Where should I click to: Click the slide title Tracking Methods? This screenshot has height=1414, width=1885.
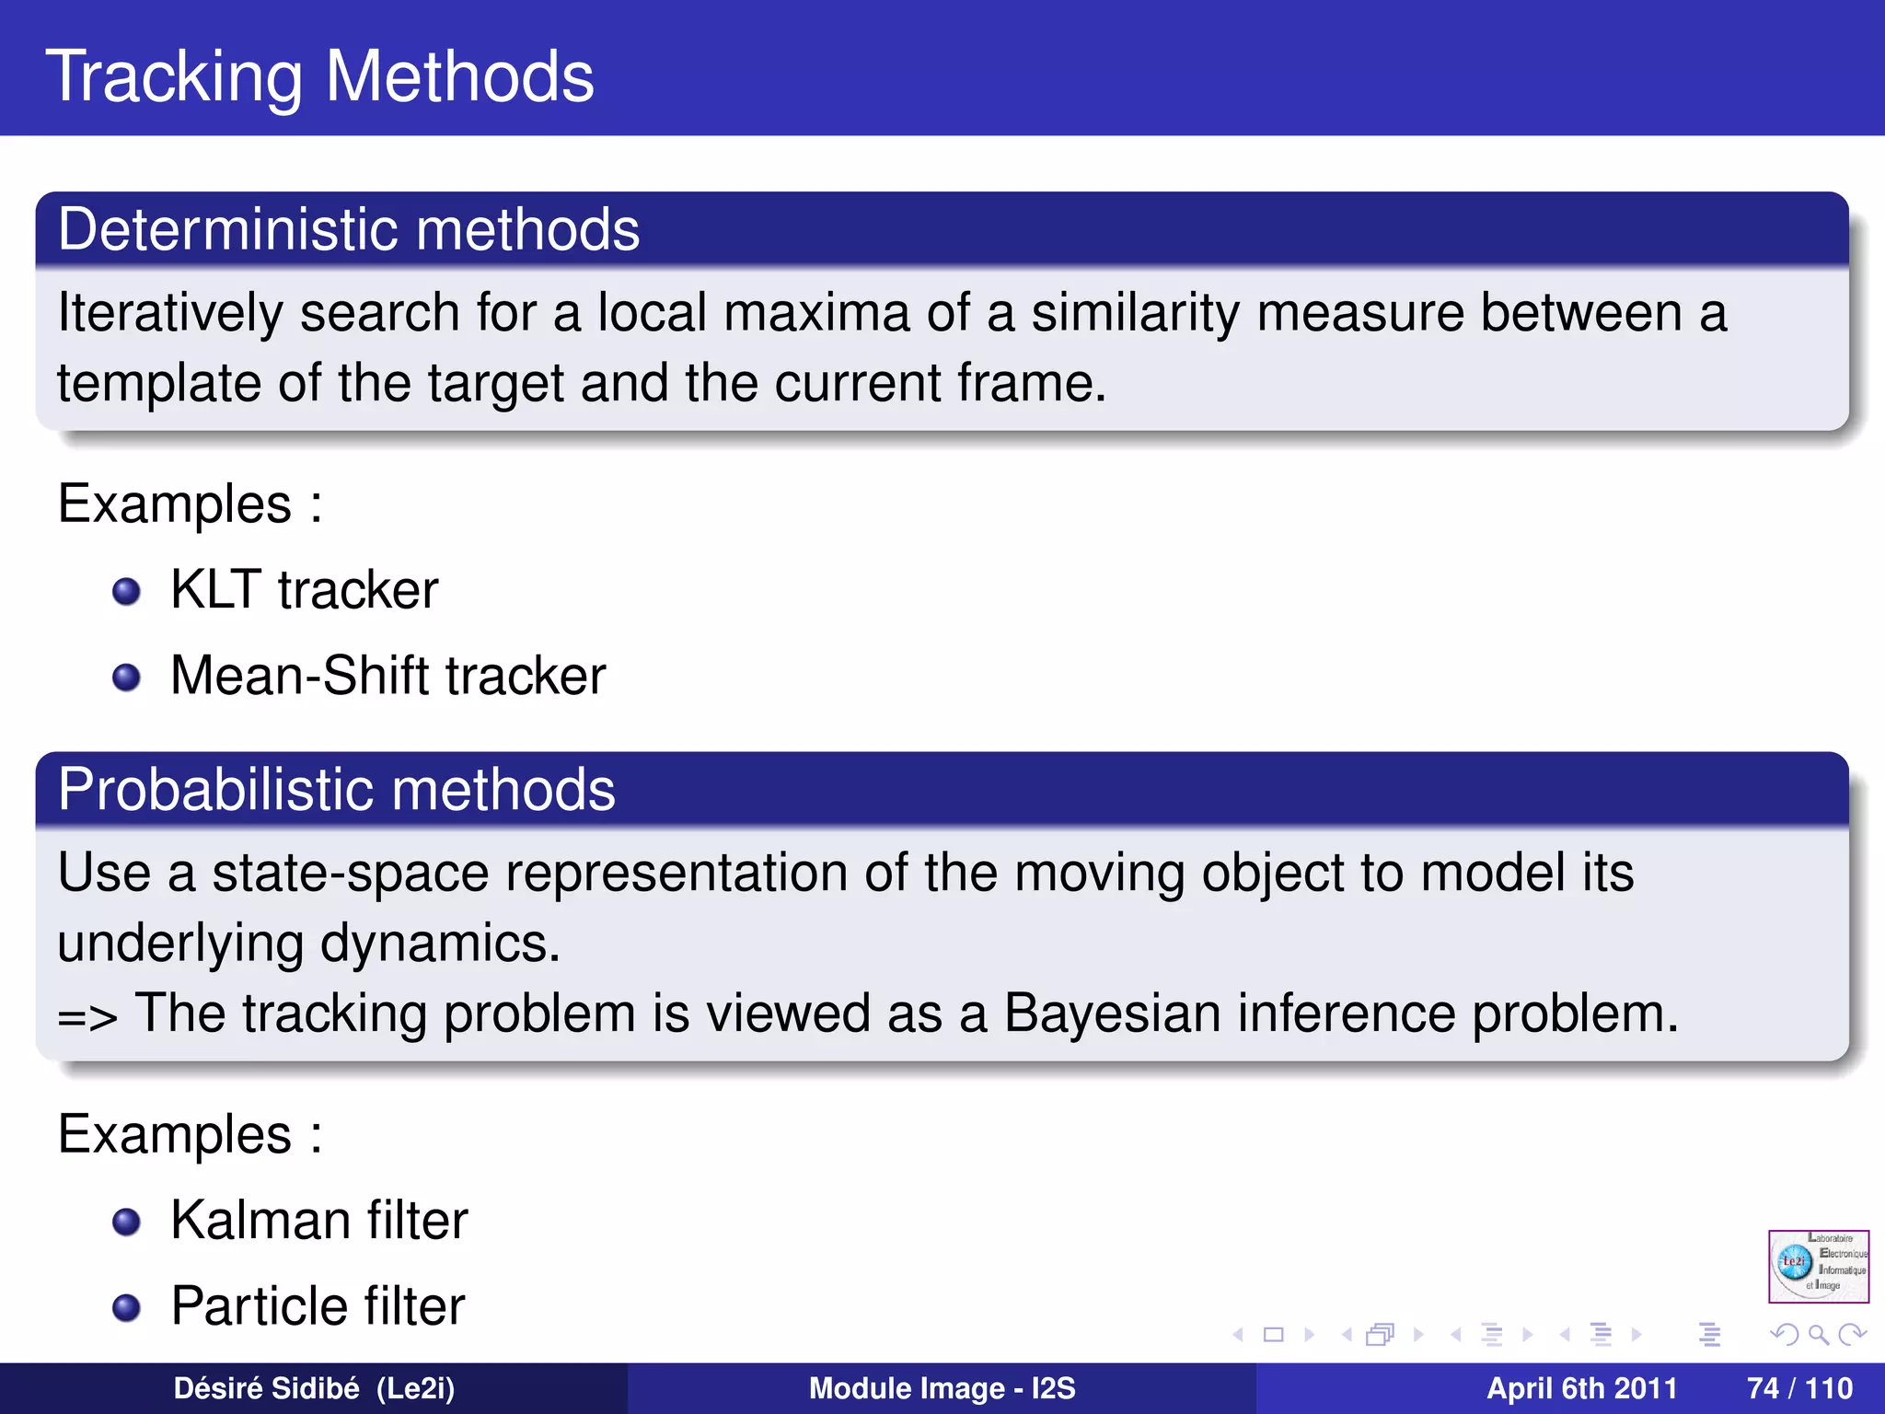coord(319,76)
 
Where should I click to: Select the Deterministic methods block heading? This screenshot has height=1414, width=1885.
coord(348,229)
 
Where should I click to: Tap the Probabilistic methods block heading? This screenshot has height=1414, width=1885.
coord(336,790)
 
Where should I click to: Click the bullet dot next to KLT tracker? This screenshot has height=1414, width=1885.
coord(126,591)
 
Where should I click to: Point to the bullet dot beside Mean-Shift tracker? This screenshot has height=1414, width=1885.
coord(126,678)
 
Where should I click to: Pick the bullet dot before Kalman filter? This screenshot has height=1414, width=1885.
coord(126,1222)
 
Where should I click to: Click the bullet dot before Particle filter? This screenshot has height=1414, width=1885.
coord(126,1307)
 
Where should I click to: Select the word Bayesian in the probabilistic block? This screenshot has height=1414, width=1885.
coord(1112,1014)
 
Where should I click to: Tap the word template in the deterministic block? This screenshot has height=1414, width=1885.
coord(158,384)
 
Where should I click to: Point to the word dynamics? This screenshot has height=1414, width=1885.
coord(439,944)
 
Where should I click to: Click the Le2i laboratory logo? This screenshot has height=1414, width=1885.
coord(1818,1266)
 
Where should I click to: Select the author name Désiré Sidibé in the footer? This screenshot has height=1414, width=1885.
coord(266,1388)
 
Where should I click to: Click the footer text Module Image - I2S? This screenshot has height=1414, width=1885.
coord(942,1388)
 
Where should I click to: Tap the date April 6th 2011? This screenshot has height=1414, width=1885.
coord(1581,1388)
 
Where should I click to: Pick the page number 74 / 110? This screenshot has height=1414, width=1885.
coord(1799,1388)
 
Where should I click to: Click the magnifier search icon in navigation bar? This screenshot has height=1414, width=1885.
coord(1818,1334)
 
